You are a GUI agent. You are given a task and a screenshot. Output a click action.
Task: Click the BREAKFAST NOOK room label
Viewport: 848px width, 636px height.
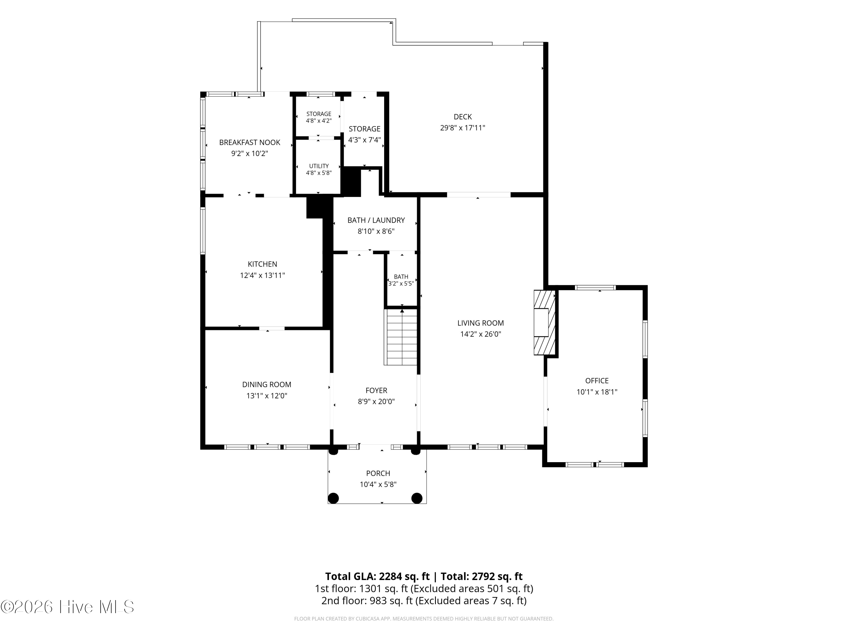point(250,142)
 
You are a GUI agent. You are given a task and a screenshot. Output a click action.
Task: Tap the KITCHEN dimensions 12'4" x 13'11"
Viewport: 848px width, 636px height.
point(263,275)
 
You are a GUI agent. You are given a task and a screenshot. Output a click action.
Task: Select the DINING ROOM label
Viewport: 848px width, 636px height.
point(267,384)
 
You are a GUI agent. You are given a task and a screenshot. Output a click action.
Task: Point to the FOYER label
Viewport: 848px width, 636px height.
point(376,390)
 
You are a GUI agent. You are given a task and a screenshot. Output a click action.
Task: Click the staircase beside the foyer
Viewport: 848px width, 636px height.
point(401,337)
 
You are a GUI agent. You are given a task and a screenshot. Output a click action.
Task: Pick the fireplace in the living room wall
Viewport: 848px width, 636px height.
point(544,323)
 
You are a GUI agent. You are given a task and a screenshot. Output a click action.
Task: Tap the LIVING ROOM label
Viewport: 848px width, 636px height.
point(480,323)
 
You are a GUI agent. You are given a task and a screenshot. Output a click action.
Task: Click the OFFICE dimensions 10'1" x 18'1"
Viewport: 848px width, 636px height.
point(597,392)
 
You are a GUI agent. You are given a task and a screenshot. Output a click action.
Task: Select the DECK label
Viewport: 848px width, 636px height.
point(463,117)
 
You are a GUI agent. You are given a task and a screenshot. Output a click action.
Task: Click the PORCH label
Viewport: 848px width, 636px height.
point(378,473)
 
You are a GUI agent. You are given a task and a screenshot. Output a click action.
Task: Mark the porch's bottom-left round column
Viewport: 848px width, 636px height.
point(334,498)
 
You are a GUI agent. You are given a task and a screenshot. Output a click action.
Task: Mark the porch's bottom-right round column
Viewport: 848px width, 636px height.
point(417,498)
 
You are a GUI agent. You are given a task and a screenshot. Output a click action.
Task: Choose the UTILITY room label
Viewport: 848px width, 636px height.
point(319,166)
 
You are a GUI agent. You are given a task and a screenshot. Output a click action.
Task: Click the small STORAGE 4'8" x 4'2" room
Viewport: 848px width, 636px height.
point(319,117)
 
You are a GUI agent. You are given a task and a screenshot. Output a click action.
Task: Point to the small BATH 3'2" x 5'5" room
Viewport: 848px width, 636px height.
point(401,280)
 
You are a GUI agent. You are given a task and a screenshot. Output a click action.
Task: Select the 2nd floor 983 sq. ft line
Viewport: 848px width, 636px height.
point(424,600)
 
